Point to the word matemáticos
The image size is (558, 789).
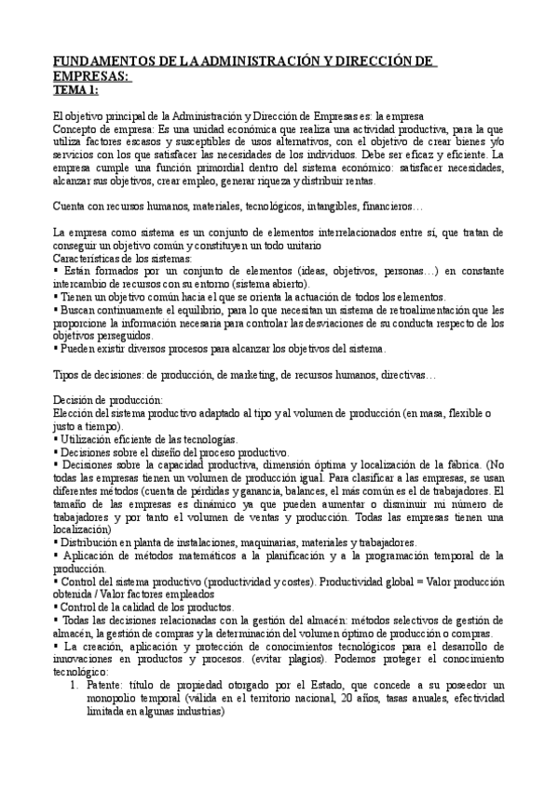click(185, 555)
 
